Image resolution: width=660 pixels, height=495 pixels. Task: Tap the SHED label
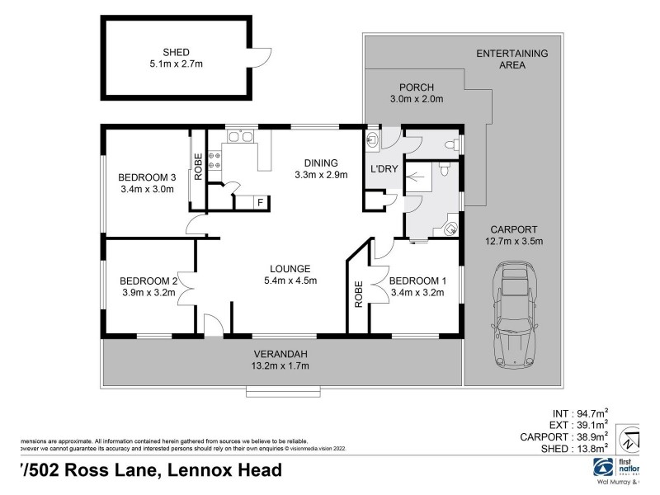176,52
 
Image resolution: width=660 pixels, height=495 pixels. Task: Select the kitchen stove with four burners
216,158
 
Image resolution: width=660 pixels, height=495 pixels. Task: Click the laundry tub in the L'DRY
374,141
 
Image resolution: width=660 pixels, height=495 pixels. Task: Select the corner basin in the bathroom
450,226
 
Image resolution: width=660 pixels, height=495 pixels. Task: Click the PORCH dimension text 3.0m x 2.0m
416,100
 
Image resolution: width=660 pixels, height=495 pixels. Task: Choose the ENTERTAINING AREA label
511,59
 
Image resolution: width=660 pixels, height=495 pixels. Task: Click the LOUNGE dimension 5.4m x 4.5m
289,281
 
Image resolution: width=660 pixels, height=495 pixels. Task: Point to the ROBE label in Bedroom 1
359,294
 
